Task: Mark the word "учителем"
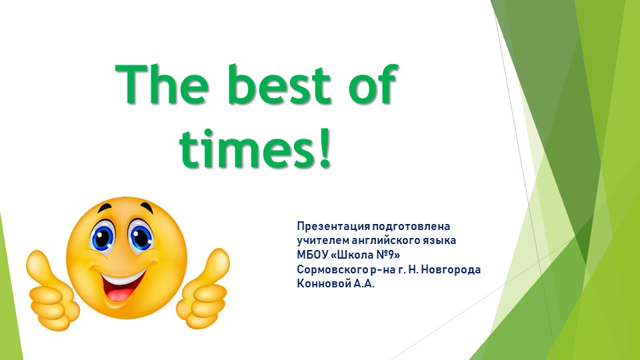point(322,241)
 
